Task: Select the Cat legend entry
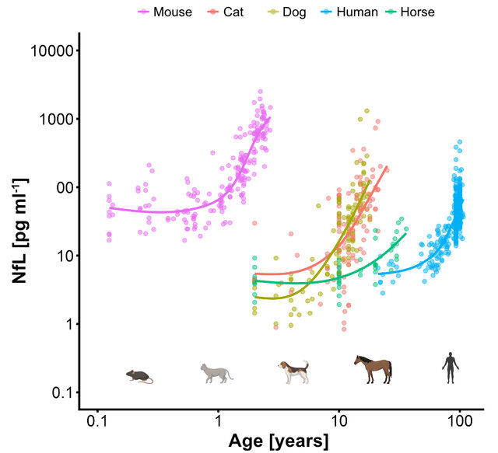click(231, 12)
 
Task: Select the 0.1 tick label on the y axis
click(61, 393)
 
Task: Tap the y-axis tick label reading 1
click(69, 325)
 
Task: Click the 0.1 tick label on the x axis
click(97, 423)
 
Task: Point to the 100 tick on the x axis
click(460, 423)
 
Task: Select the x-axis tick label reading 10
click(339, 423)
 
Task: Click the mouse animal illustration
click(139, 377)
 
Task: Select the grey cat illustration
click(216, 374)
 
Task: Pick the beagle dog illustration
click(294, 372)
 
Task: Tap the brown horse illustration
click(373, 370)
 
